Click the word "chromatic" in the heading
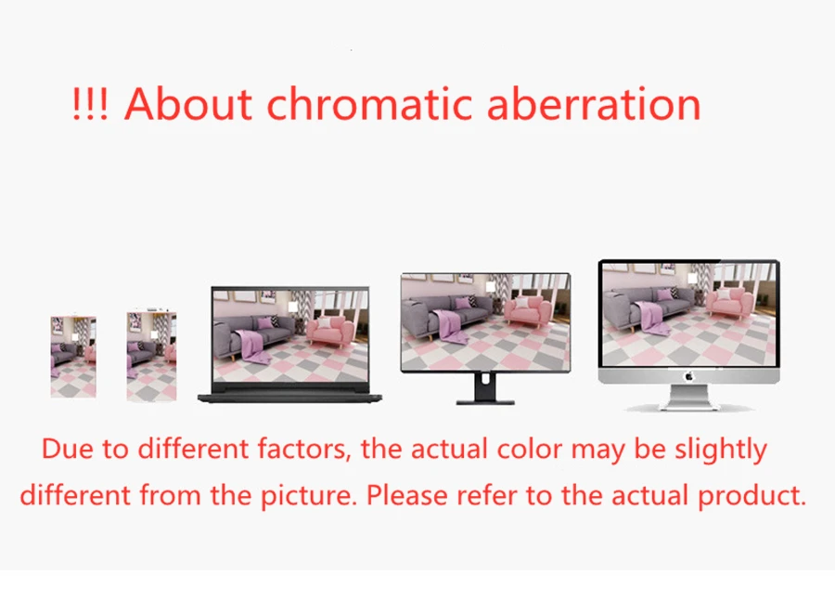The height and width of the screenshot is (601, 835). (x=369, y=103)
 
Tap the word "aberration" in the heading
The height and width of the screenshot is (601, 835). (x=594, y=103)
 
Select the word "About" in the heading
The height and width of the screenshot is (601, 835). (x=188, y=103)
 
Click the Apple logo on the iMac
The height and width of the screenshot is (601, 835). (x=688, y=376)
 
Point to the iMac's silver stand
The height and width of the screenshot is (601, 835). (x=689, y=398)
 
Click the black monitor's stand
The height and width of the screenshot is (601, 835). (x=484, y=389)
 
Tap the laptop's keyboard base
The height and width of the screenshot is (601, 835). (x=289, y=397)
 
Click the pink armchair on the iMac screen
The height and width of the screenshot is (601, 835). (x=730, y=301)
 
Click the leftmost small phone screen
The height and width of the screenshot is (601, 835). (x=73, y=356)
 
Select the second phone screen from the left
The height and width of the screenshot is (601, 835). (x=152, y=356)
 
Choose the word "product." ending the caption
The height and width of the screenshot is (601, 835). (x=751, y=496)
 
